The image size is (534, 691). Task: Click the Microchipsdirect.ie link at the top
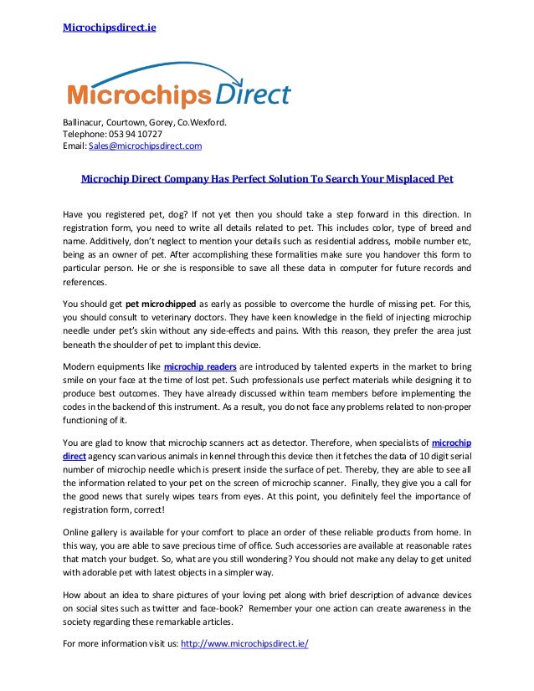click(110, 27)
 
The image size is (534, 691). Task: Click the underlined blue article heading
click(267, 178)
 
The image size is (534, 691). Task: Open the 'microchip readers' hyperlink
click(202, 366)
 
